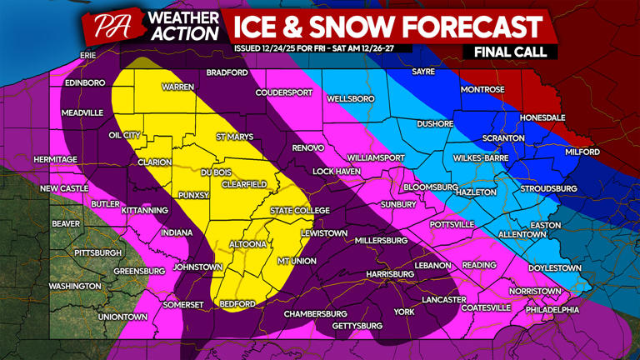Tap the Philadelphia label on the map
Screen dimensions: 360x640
click(x=552, y=310)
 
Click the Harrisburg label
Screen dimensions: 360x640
click(x=389, y=273)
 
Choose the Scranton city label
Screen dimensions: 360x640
click(x=502, y=138)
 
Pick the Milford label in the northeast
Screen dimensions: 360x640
click(x=582, y=152)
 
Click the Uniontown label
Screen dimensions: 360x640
click(x=122, y=317)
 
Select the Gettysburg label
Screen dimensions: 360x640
click(x=357, y=325)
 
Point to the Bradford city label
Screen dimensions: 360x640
click(x=227, y=72)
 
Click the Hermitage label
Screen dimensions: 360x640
click(x=55, y=159)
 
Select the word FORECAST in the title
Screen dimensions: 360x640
click(x=467, y=27)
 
